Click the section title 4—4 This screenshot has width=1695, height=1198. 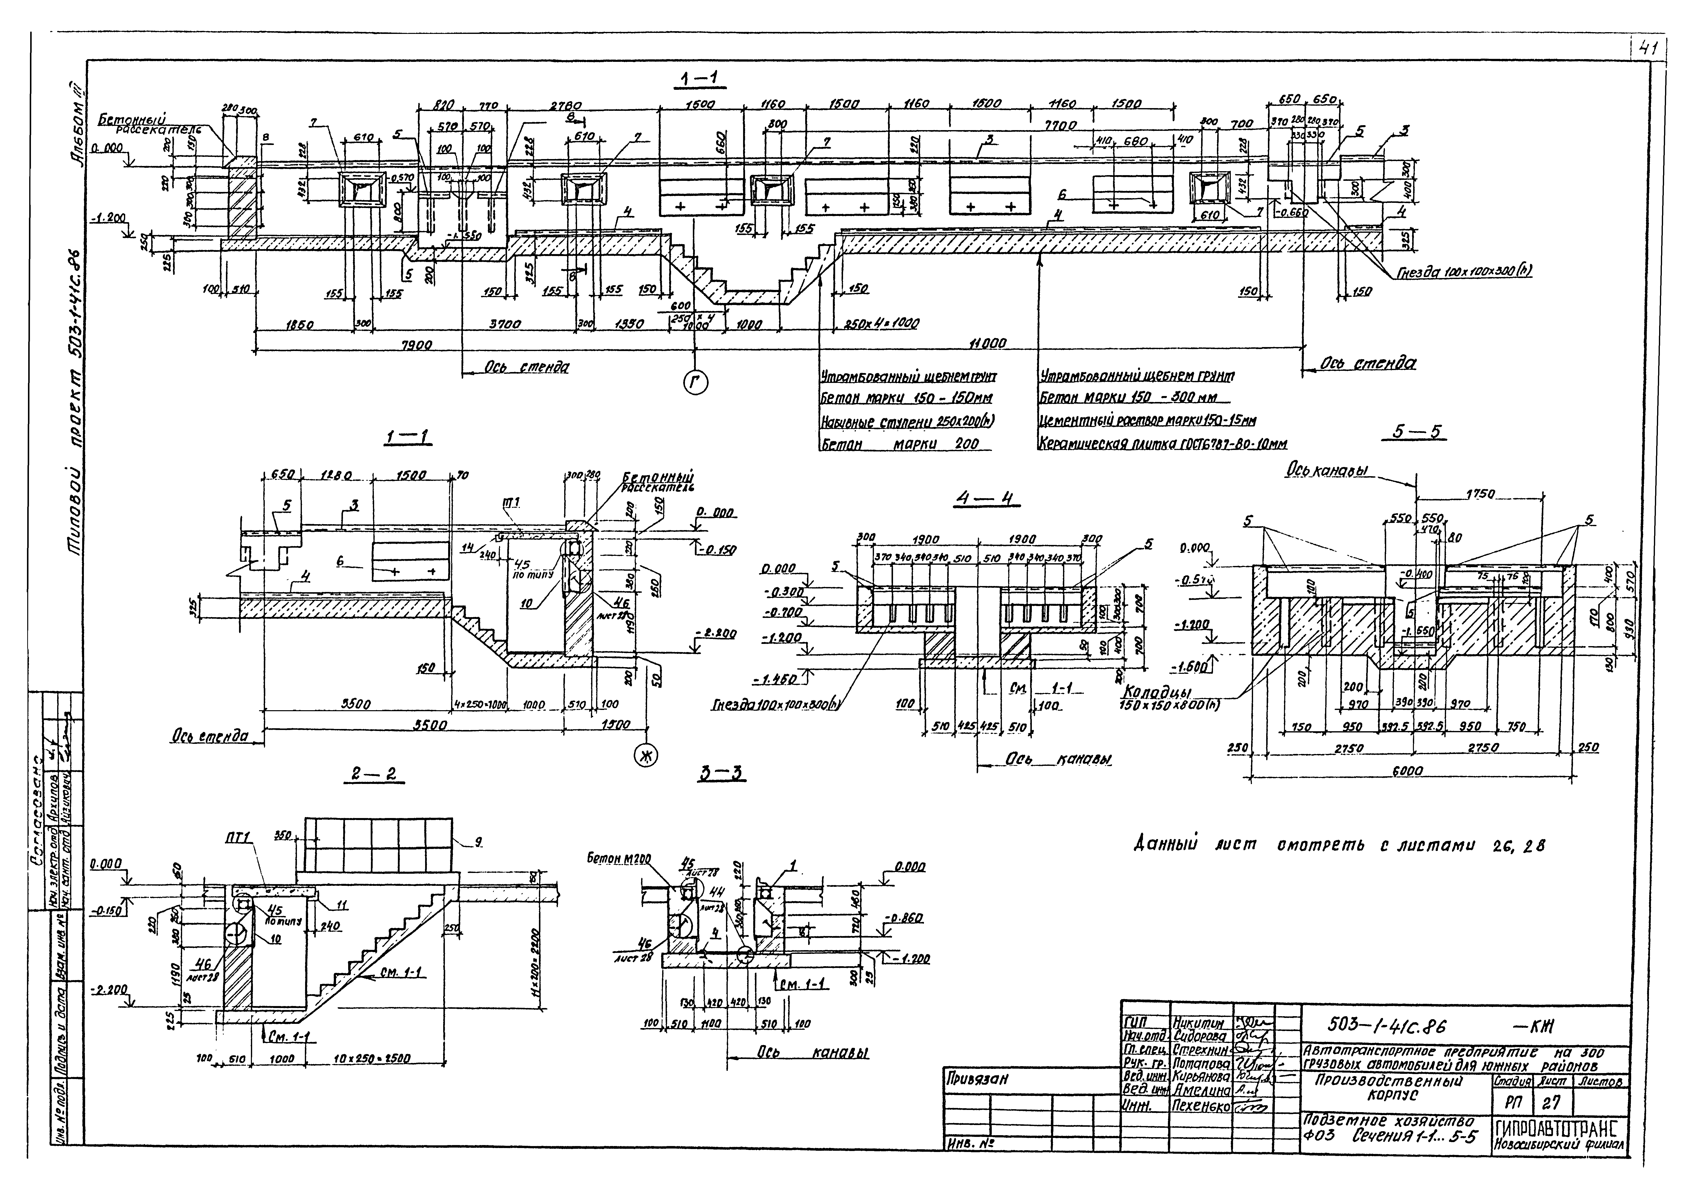986,499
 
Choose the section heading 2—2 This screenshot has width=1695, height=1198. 374,774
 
